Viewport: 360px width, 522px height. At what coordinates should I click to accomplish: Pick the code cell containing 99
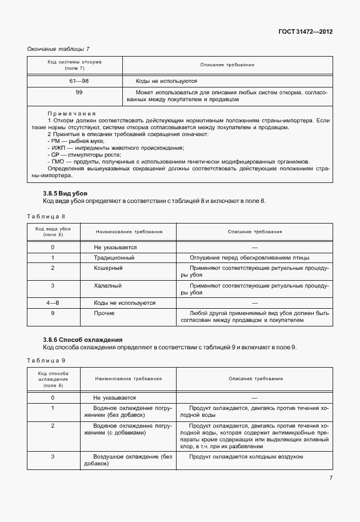[x=79, y=92]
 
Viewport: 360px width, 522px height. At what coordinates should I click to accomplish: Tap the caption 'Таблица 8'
[x=46, y=216]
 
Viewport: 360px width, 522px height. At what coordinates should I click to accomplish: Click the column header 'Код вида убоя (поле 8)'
[x=53, y=232]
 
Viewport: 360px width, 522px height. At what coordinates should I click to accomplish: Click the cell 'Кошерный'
[x=108, y=268]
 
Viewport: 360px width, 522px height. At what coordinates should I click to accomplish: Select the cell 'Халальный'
[x=109, y=285]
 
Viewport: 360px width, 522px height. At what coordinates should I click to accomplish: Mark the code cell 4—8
[x=53, y=302]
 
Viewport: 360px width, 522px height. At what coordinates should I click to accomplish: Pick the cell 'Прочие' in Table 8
[x=105, y=313]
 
